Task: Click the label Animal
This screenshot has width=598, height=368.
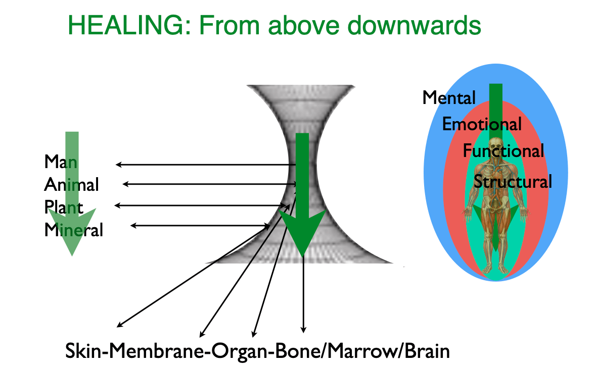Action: [x=71, y=185]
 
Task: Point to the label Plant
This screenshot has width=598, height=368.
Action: [x=64, y=207]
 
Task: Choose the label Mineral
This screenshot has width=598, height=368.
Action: [x=74, y=230]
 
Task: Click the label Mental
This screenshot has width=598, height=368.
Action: [x=449, y=97]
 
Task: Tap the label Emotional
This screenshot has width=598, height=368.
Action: [x=482, y=124]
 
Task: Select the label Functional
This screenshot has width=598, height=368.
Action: [x=503, y=150]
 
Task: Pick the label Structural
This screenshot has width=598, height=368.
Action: [x=513, y=181]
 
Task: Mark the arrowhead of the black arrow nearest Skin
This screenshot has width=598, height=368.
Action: [x=119, y=325]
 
